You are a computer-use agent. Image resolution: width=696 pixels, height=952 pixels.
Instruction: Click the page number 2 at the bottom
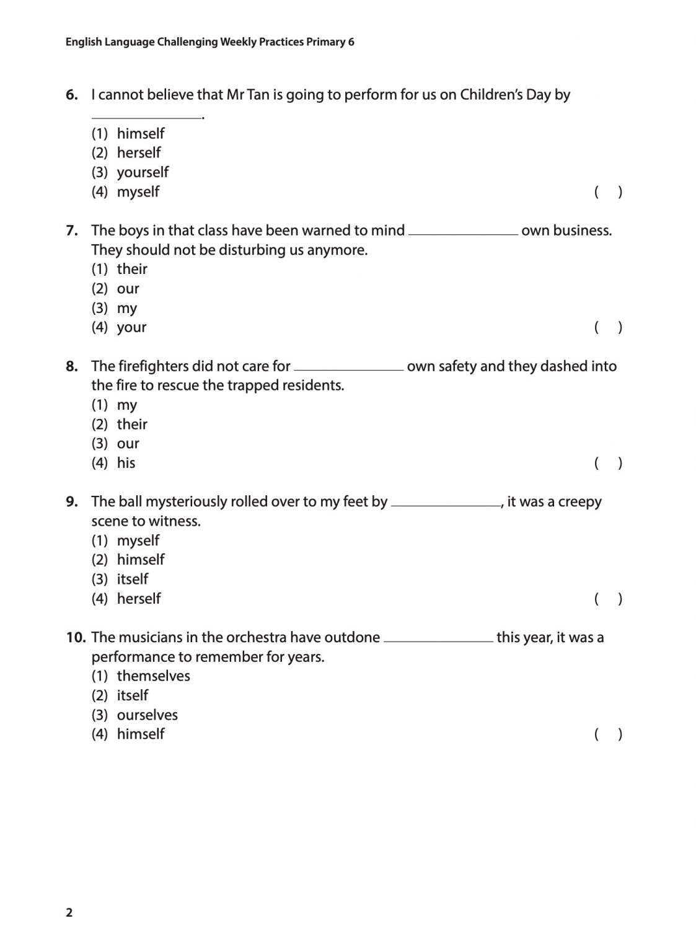[69, 912]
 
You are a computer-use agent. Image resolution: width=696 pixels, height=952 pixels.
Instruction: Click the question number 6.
[72, 95]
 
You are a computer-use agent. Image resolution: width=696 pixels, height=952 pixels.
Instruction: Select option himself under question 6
[141, 133]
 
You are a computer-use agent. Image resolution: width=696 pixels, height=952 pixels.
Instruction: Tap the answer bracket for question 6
[608, 192]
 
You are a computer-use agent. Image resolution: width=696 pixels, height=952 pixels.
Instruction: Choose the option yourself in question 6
[143, 172]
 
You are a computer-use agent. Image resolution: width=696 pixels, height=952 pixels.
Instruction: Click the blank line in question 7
[463, 233]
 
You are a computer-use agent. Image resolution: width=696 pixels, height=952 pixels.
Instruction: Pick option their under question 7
[132, 269]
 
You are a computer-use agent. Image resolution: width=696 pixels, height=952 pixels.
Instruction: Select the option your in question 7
[131, 327]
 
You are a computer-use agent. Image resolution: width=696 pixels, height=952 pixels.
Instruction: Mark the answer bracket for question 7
[608, 327]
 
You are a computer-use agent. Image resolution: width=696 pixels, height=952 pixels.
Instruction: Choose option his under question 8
[126, 463]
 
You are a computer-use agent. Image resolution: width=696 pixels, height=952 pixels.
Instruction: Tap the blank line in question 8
[348, 369]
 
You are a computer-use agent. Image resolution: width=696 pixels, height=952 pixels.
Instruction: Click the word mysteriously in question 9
[185, 501]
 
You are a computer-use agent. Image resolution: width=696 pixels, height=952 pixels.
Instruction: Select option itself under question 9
[133, 579]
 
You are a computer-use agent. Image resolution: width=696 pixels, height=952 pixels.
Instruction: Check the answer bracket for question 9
[608, 599]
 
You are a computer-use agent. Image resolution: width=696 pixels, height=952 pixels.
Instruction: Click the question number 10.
[76, 637]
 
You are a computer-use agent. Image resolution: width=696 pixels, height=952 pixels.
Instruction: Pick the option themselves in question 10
[153, 676]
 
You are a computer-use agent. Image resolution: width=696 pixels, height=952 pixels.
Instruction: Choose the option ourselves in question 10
[147, 715]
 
